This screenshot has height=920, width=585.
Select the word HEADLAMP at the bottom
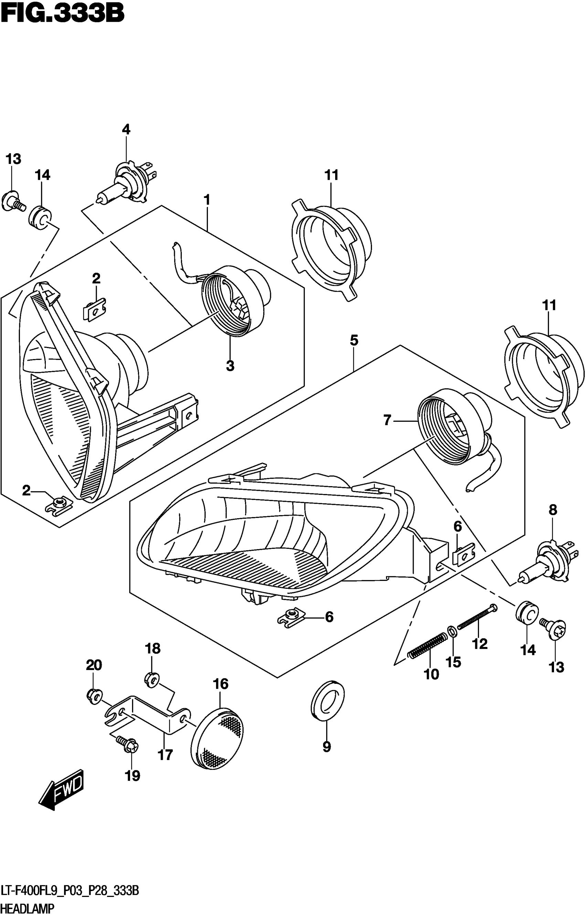point(27,908)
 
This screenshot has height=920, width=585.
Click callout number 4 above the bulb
point(126,130)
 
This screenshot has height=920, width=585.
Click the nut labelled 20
point(93,696)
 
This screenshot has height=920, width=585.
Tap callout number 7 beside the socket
point(387,421)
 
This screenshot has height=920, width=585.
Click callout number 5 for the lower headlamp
point(354,341)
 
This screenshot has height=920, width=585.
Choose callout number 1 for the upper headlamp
point(206,199)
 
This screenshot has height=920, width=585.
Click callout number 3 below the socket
point(230,366)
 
